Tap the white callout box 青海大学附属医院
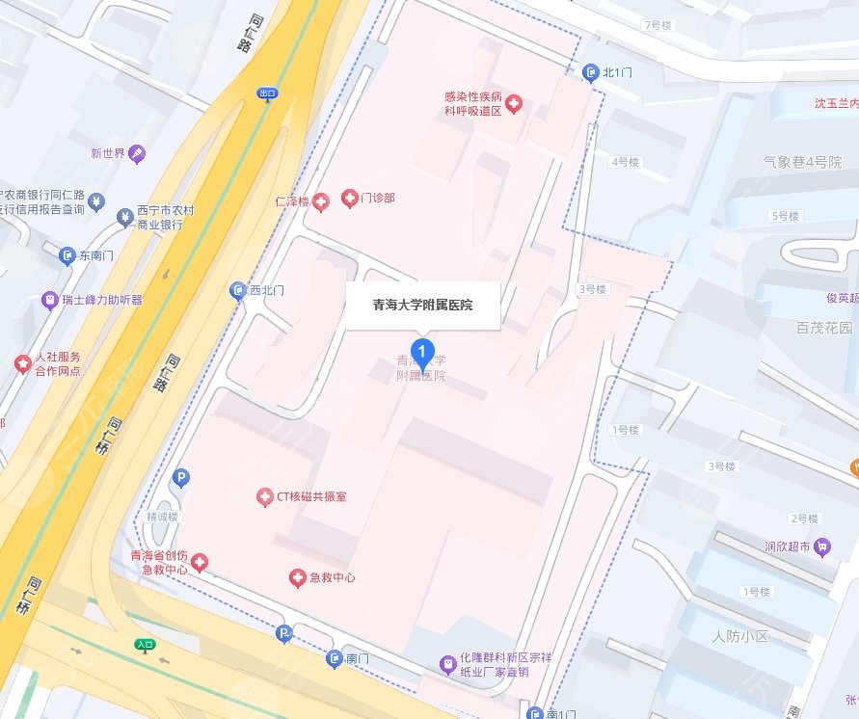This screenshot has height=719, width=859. [422, 306]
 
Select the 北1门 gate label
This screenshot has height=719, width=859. [617, 71]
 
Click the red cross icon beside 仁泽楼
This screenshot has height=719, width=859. [321, 200]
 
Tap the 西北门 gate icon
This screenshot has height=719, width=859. [238, 290]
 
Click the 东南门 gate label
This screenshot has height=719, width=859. [96, 256]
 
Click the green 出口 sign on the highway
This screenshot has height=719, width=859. [267, 93]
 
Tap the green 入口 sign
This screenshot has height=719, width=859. [146, 645]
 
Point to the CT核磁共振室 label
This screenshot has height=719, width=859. [311, 496]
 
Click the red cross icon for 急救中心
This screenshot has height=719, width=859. [298, 577]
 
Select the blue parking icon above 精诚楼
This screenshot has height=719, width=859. [179, 477]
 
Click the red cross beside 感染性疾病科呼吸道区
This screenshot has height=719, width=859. [514, 103]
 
